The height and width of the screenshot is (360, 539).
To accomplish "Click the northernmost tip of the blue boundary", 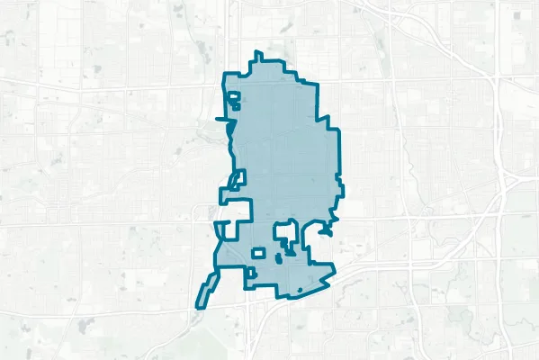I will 258,52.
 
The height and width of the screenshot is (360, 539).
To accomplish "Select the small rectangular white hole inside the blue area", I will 258,254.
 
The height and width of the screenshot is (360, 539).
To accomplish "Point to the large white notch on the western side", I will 237,211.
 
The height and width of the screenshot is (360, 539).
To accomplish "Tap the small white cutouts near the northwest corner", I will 233,100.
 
